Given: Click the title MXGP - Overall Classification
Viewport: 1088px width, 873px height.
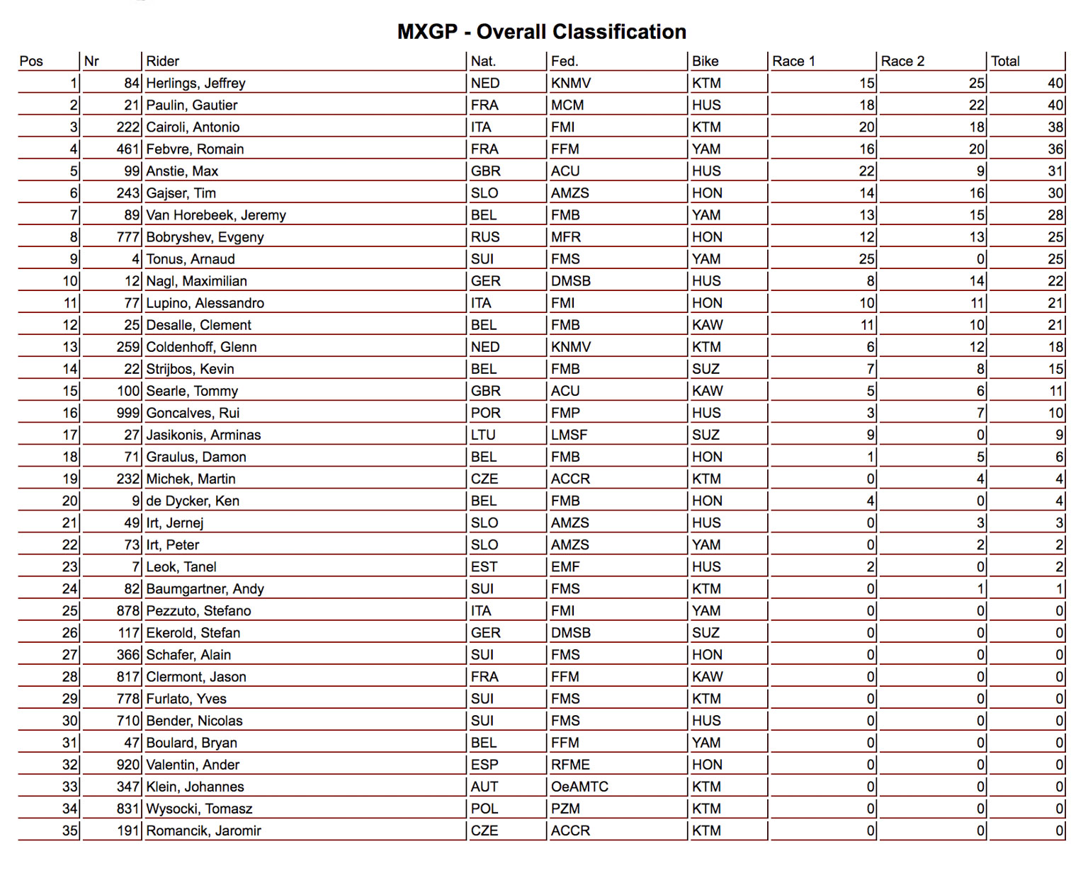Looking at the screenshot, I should (542, 32).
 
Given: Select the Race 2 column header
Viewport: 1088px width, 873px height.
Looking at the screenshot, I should (902, 62).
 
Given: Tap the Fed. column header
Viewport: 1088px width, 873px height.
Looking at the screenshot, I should (565, 62).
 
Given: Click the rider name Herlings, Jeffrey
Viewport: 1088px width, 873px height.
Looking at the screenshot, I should (195, 84).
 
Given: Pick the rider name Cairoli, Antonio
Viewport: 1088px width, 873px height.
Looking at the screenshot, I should (193, 127).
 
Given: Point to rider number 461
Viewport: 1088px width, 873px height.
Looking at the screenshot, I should (127, 149).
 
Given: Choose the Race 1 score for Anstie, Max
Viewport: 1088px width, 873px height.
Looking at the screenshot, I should (867, 171).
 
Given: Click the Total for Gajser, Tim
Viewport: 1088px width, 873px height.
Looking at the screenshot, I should (1055, 193).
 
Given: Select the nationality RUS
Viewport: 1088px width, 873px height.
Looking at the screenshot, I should (485, 237).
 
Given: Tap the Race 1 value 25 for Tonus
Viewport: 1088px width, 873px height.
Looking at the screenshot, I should (867, 259).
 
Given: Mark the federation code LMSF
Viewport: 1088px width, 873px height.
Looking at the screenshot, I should (569, 435).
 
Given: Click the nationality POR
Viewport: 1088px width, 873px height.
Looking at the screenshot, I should (485, 413).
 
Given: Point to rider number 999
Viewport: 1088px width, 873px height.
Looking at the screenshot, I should (127, 413).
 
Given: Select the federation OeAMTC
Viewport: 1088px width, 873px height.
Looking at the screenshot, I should (579, 787).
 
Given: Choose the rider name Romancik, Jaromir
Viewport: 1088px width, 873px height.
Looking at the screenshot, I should (203, 831).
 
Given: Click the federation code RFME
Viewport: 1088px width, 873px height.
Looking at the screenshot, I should (570, 765).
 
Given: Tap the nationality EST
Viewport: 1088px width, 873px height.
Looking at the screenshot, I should (484, 566).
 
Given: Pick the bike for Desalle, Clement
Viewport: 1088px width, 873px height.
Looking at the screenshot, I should (707, 325).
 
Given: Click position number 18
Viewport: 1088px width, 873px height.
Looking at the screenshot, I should (70, 457).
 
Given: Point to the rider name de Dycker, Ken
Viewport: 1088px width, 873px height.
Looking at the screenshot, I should (193, 501).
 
